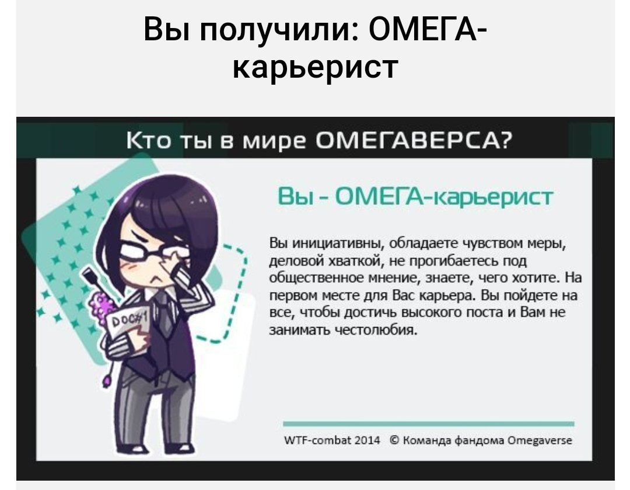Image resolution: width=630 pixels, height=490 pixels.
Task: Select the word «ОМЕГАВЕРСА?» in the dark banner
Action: click(414, 142)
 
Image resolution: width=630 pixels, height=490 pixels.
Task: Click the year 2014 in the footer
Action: click(367, 440)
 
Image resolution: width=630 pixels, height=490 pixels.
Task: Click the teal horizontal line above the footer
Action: click(428, 424)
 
